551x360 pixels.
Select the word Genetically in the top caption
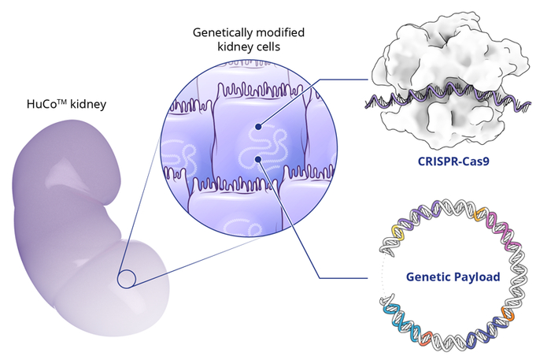217,34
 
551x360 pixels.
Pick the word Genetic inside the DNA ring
427,277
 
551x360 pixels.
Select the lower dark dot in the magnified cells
258,160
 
